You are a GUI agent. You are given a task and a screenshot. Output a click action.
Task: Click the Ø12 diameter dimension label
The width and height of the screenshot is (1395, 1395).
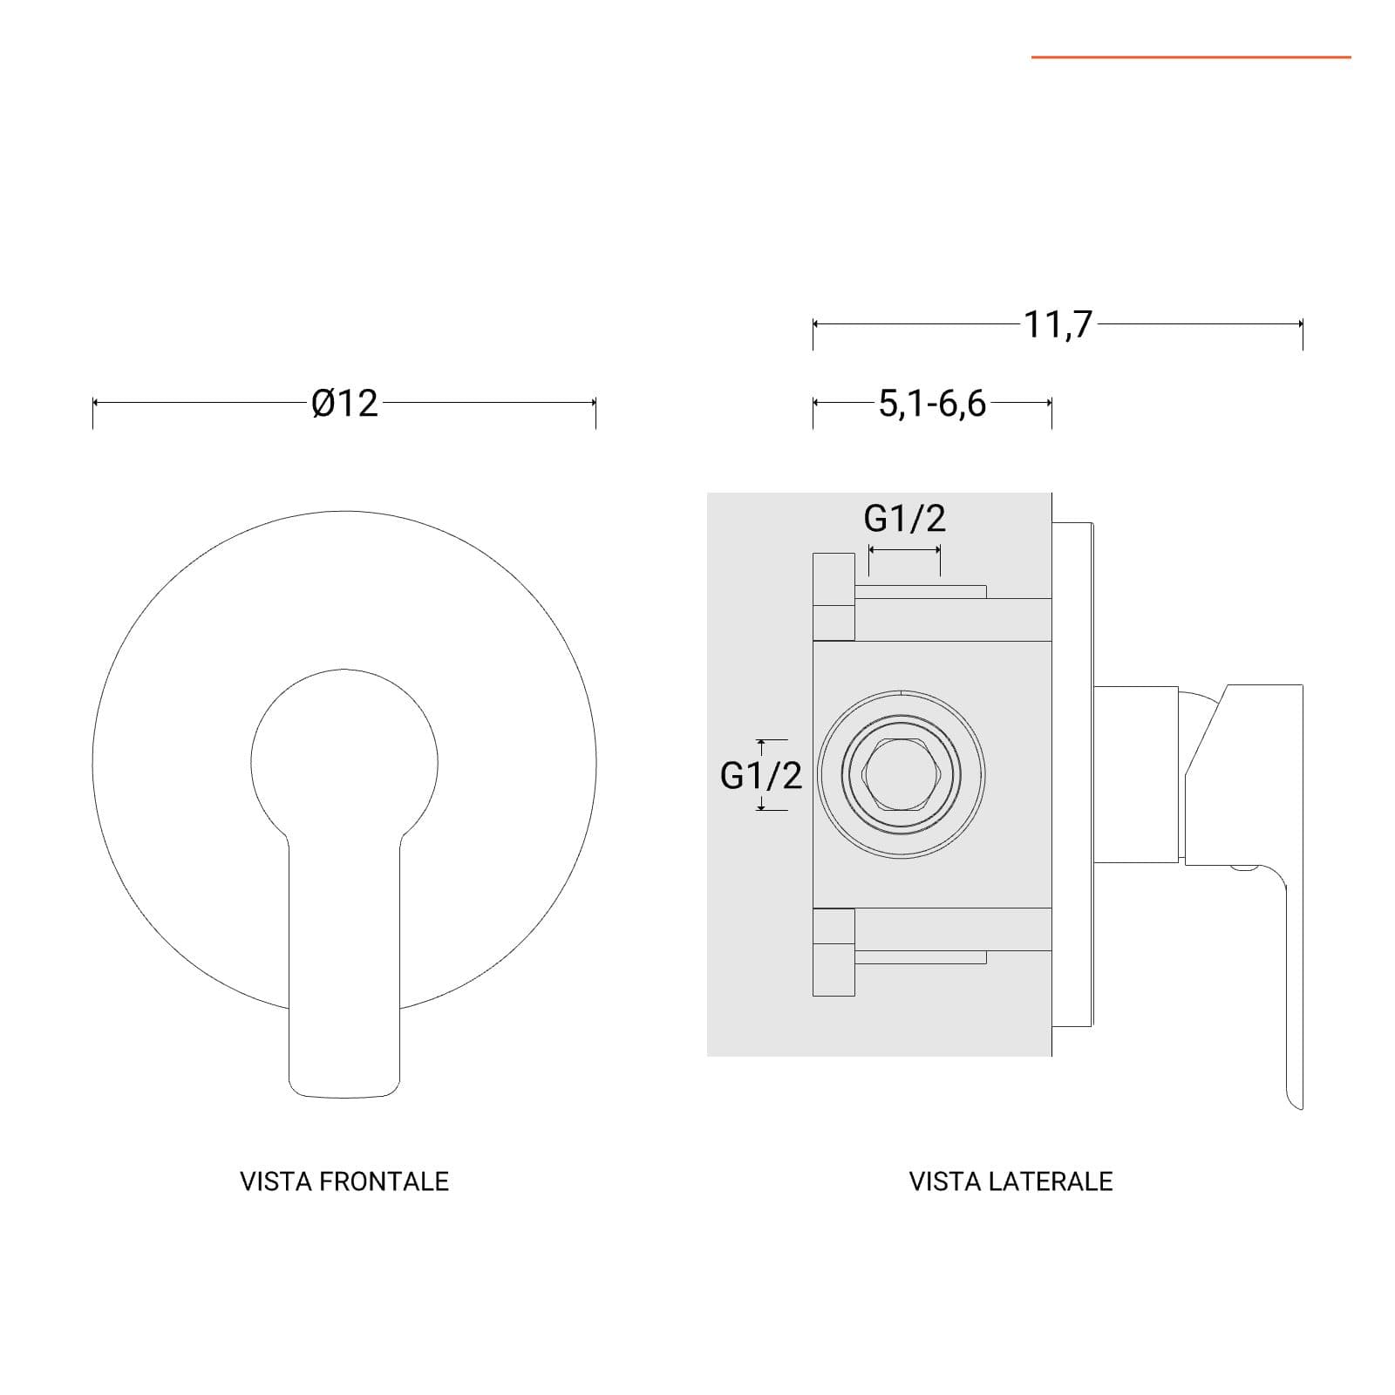(x=345, y=404)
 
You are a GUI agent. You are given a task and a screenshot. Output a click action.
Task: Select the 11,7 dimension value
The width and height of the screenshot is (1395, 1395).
(x=1058, y=324)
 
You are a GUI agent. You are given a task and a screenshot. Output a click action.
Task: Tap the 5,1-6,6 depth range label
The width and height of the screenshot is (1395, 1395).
(x=932, y=404)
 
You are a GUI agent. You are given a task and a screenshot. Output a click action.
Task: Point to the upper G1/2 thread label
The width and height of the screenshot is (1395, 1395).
(x=904, y=519)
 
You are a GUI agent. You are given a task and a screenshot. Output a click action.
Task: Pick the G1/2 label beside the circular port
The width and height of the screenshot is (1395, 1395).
(x=760, y=775)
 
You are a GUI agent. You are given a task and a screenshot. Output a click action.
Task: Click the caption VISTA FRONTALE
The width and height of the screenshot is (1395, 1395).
(x=344, y=1181)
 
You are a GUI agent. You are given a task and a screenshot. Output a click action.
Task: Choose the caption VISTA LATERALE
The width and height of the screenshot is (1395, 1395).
(x=1011, y=1181)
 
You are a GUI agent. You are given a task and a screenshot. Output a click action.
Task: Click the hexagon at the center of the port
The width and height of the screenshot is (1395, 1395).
(x=901, y=774)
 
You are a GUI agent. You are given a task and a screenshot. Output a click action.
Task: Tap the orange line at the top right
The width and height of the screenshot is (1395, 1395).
(x=1191, y=58)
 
